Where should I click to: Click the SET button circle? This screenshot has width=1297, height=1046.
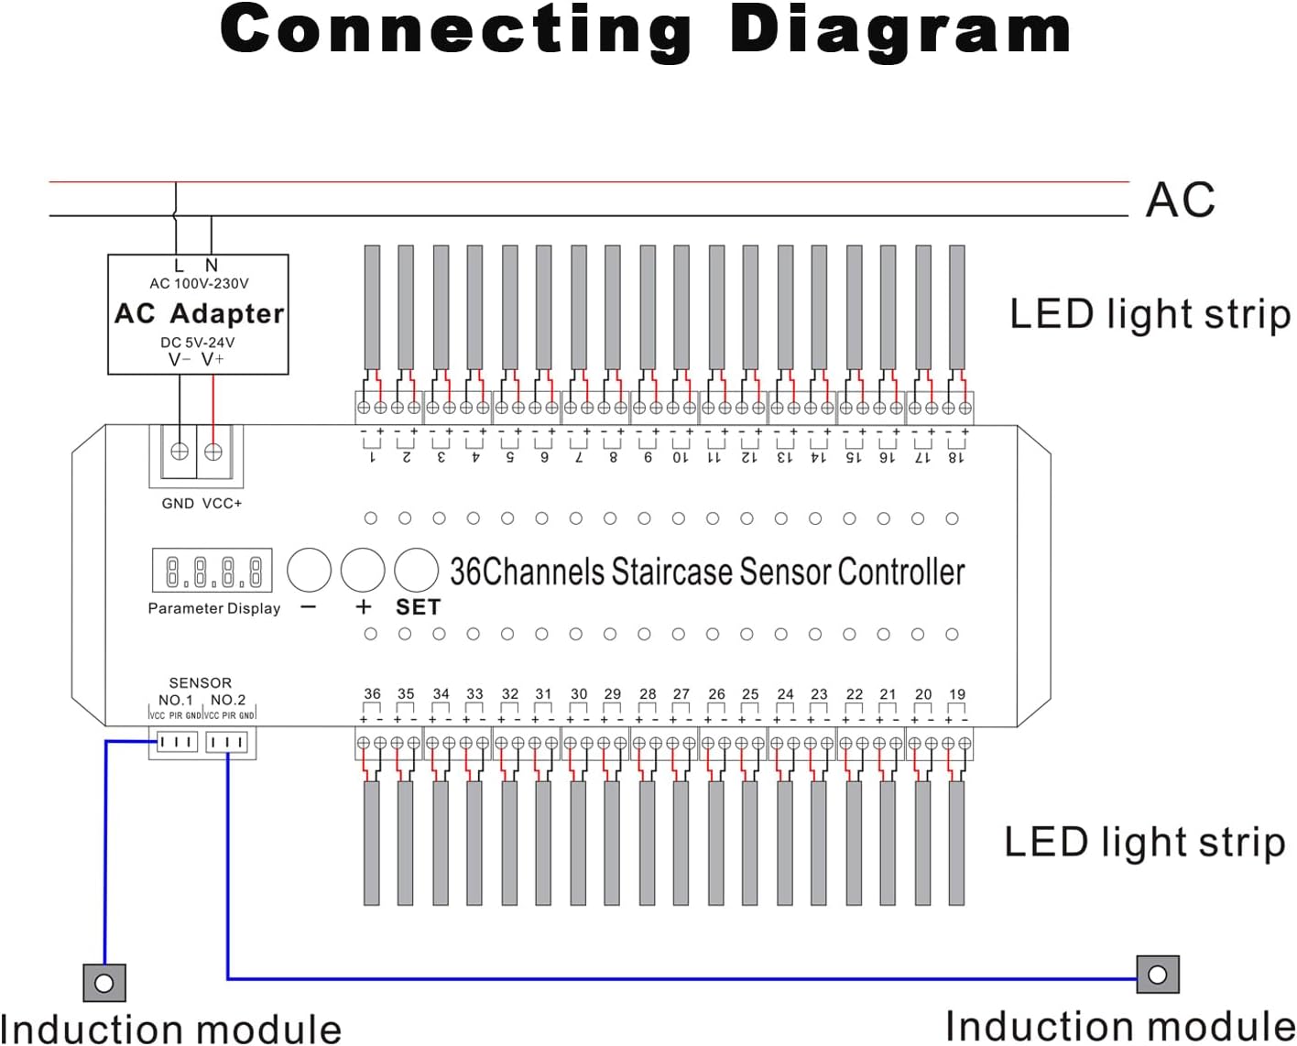[417, 570]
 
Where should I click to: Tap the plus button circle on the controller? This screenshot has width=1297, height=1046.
[363, 570]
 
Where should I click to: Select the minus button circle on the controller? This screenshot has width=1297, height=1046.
[309, 570]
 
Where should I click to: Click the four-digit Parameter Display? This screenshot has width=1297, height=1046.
[213, 571]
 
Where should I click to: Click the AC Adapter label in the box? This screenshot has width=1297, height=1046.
[199, 313]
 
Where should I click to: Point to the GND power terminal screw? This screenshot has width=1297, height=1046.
[180, 451]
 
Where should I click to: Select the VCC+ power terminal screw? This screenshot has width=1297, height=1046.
[213, 451]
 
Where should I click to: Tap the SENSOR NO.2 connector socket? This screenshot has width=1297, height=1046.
[226, 742]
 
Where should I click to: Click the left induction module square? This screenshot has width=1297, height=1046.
[104, 983]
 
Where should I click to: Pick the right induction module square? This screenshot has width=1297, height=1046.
[1158, 975]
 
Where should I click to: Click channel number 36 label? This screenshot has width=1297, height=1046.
[372, 694]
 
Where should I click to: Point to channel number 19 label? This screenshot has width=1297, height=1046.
[957, 694]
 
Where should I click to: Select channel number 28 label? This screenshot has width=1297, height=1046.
[648, 694]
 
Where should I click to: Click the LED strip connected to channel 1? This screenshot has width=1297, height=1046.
[372, 307]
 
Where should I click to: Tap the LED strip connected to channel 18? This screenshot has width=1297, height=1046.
[957, 307]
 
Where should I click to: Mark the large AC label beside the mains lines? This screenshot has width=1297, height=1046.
[1181, 200]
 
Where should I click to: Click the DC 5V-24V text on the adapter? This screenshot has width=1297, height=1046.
[198, 343]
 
